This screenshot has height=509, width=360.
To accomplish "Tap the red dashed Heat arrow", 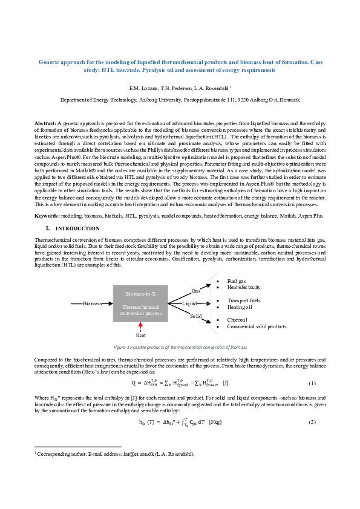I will click(x=140, y=326).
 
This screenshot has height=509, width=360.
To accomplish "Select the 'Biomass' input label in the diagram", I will click(x=92, y=303).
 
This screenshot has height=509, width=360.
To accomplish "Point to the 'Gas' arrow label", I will click(x=195, y=291).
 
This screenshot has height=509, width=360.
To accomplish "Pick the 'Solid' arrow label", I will click(x=195, y=316).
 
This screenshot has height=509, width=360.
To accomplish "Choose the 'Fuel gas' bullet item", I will click(x=237, y=282).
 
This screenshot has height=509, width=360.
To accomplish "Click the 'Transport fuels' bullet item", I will click(x=244, y=300).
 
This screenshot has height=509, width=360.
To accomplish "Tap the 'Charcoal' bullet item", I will click(x=237, y=320).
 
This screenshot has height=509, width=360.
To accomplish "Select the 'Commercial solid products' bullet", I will click(x=257, y=326).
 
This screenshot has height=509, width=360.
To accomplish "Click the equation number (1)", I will click(x=312, y=383).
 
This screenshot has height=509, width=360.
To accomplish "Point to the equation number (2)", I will click(x=312, y=421).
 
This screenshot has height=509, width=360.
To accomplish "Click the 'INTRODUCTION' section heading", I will click(x=77, y=229).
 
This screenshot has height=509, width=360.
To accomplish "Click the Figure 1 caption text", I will click(x=180, y=348).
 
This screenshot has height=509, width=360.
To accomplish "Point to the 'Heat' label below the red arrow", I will click(x=140, y=335).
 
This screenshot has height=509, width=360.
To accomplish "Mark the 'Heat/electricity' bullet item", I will click(x=244, y=288).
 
